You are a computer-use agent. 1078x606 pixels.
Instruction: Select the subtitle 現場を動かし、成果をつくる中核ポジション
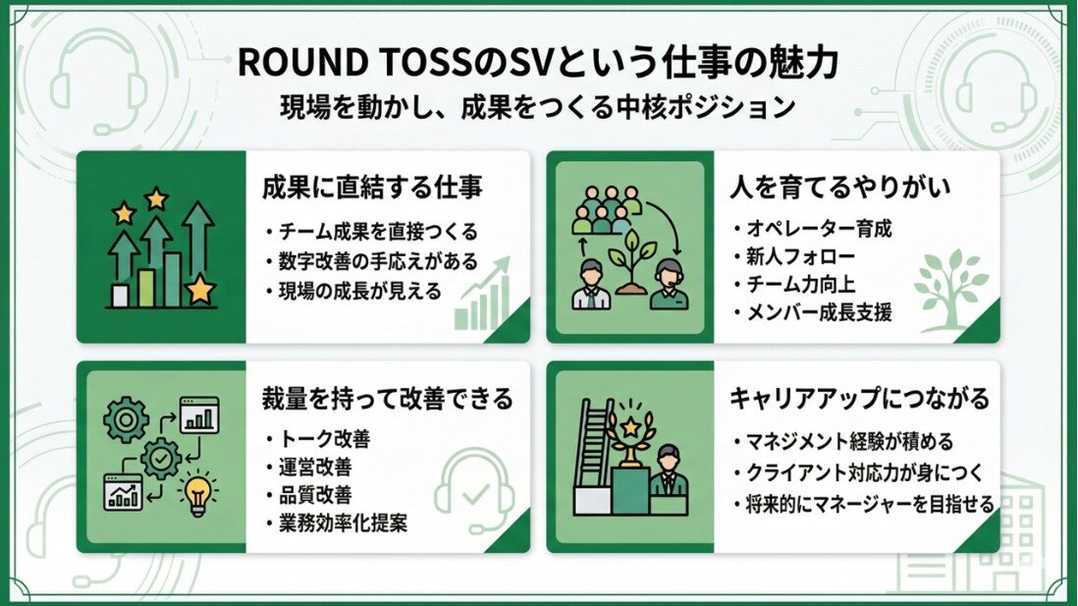[538, 107]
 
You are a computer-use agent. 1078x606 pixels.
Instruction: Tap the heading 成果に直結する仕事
[372, 187]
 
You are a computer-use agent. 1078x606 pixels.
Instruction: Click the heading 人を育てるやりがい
[840, 187]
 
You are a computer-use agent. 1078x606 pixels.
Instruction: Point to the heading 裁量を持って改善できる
[387, 398]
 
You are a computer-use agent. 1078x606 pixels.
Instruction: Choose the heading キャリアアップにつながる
[859, 398]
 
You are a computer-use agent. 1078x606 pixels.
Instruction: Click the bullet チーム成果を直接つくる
[372, 232]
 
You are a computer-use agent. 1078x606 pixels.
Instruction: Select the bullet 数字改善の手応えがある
[372, 261]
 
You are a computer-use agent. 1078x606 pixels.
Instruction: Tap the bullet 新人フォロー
[794, 256]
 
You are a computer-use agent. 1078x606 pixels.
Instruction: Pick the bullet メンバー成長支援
[813, 313]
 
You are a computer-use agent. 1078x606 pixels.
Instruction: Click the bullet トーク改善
[318, 439]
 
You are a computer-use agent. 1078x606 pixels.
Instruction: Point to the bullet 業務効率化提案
[336, 523]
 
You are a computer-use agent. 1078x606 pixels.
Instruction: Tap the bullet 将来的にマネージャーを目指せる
[864, 504]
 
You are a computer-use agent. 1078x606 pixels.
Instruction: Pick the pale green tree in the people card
[950, 287]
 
